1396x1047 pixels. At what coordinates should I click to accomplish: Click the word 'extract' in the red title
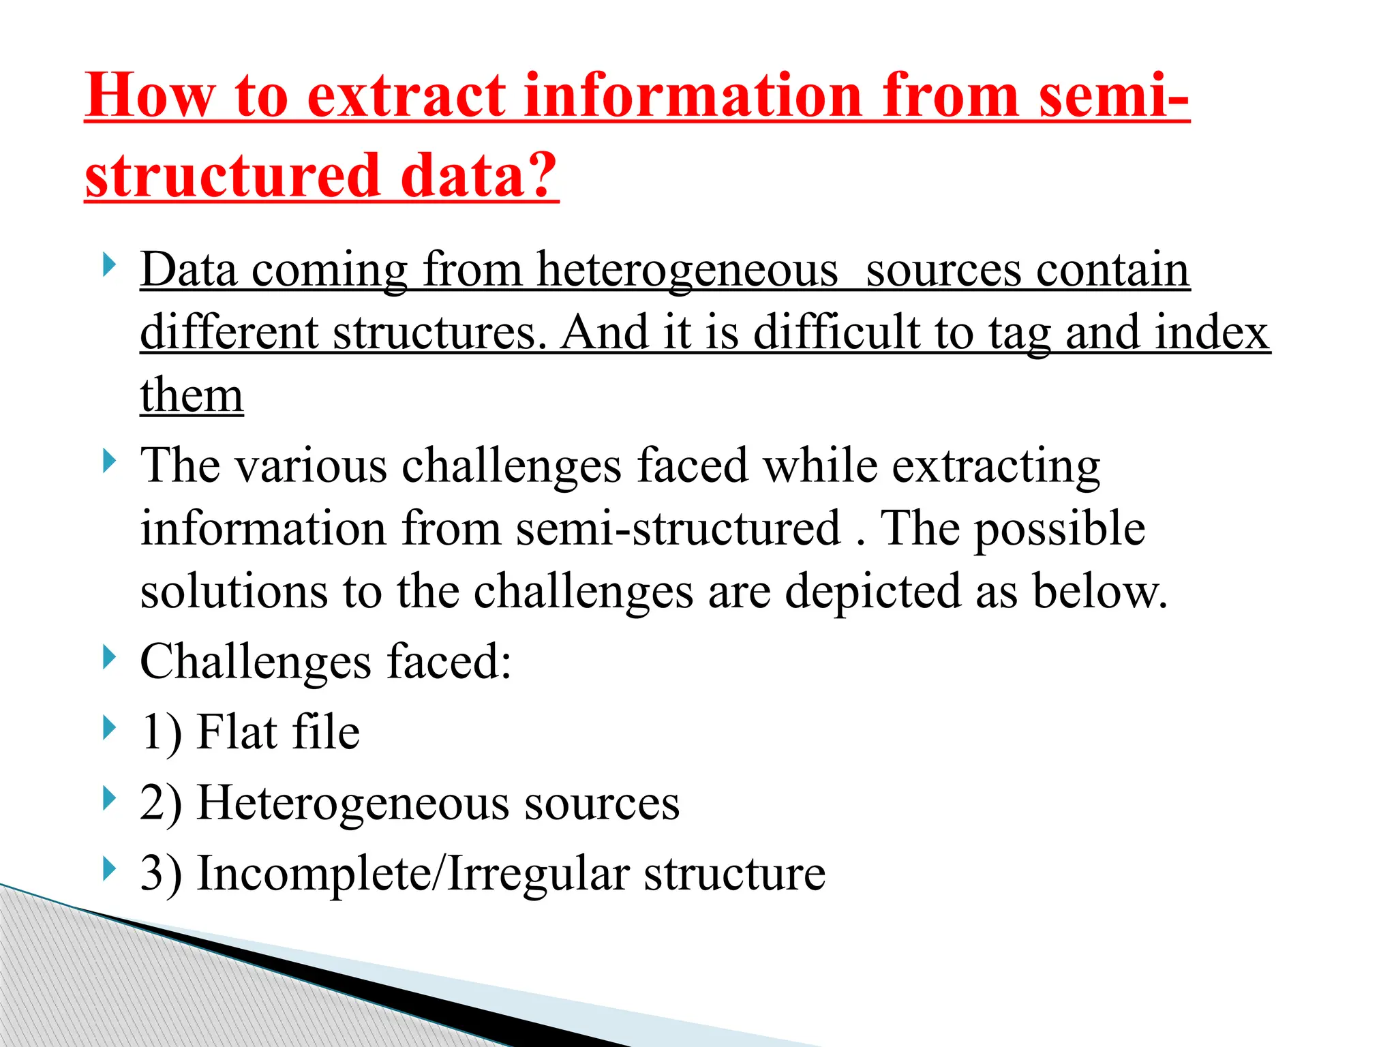point(407,96)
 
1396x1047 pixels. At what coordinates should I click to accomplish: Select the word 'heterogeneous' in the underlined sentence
point(687,270)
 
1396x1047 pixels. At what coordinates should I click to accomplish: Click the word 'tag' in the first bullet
point(1018,334)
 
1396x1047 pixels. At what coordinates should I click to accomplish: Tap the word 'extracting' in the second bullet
point(996,466)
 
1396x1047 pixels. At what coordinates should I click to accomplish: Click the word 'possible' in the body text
point(1060,530)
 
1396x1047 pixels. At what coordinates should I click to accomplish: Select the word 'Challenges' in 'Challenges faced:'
point(256,663)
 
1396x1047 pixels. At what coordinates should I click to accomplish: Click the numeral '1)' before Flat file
point(161,733)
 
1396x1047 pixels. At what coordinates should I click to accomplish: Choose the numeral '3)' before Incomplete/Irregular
point(161,874)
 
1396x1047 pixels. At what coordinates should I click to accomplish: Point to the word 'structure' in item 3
point(735,874)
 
